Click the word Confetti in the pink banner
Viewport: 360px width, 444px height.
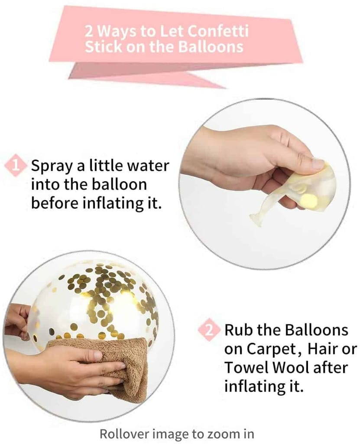[218, 31]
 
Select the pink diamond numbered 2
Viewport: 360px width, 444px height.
[209, 330]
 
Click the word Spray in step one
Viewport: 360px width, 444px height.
[52, 166]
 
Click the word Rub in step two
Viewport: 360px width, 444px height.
[240, 330]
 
